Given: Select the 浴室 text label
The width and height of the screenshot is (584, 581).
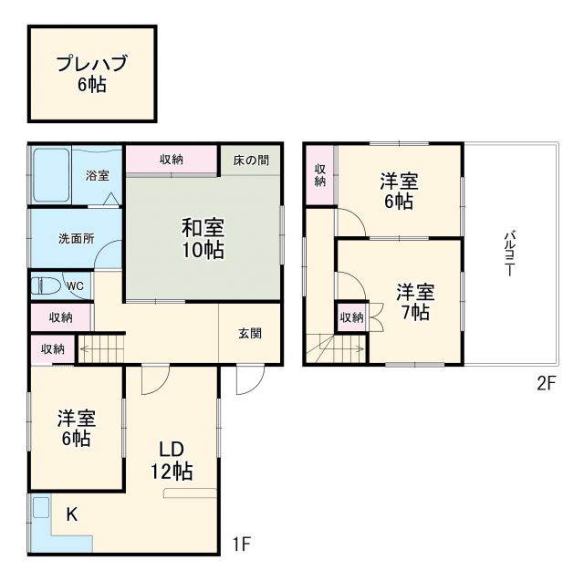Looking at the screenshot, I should [98, 174].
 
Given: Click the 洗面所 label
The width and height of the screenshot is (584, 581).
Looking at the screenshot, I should [76, 239].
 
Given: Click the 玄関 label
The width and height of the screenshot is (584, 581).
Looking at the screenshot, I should [251, 333].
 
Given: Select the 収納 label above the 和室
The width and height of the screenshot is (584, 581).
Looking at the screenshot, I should [172, 159].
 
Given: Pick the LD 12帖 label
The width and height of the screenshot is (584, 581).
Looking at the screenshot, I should [172, 461].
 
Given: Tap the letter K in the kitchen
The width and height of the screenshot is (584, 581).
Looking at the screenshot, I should [71, 514].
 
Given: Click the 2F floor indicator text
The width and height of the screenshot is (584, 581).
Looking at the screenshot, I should [546, 384].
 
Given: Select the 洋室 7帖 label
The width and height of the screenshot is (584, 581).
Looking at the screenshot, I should [414, 302].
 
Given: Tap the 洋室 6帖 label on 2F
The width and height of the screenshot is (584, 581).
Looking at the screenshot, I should [400, 192].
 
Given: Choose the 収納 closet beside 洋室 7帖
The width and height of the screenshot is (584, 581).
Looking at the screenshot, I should [350, 317].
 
